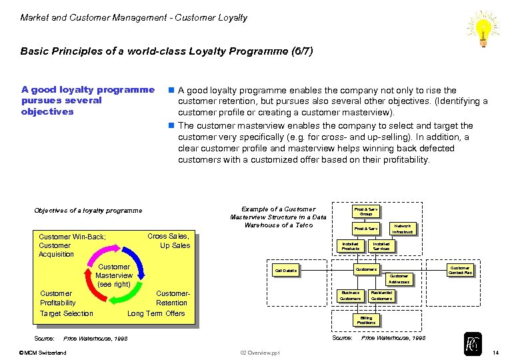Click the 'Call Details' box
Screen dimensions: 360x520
tap(285, 270)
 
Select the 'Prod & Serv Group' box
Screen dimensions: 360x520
tap(366, 211)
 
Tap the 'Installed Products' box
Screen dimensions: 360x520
tap(350, 247)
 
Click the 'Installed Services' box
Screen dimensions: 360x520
tap(381, 247)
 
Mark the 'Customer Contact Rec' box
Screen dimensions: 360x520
tap(460, 270)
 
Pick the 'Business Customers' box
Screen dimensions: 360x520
tap(350, 295)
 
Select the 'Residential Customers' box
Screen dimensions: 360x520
tap(381, 295)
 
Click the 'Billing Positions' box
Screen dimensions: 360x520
tap(366, 320)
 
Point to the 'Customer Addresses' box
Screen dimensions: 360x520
tap(399, 279)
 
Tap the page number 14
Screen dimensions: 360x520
tap(495, 352)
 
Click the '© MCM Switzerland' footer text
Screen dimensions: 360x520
tap(43, 352)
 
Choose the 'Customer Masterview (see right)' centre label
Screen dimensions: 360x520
tap(114, 275)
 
